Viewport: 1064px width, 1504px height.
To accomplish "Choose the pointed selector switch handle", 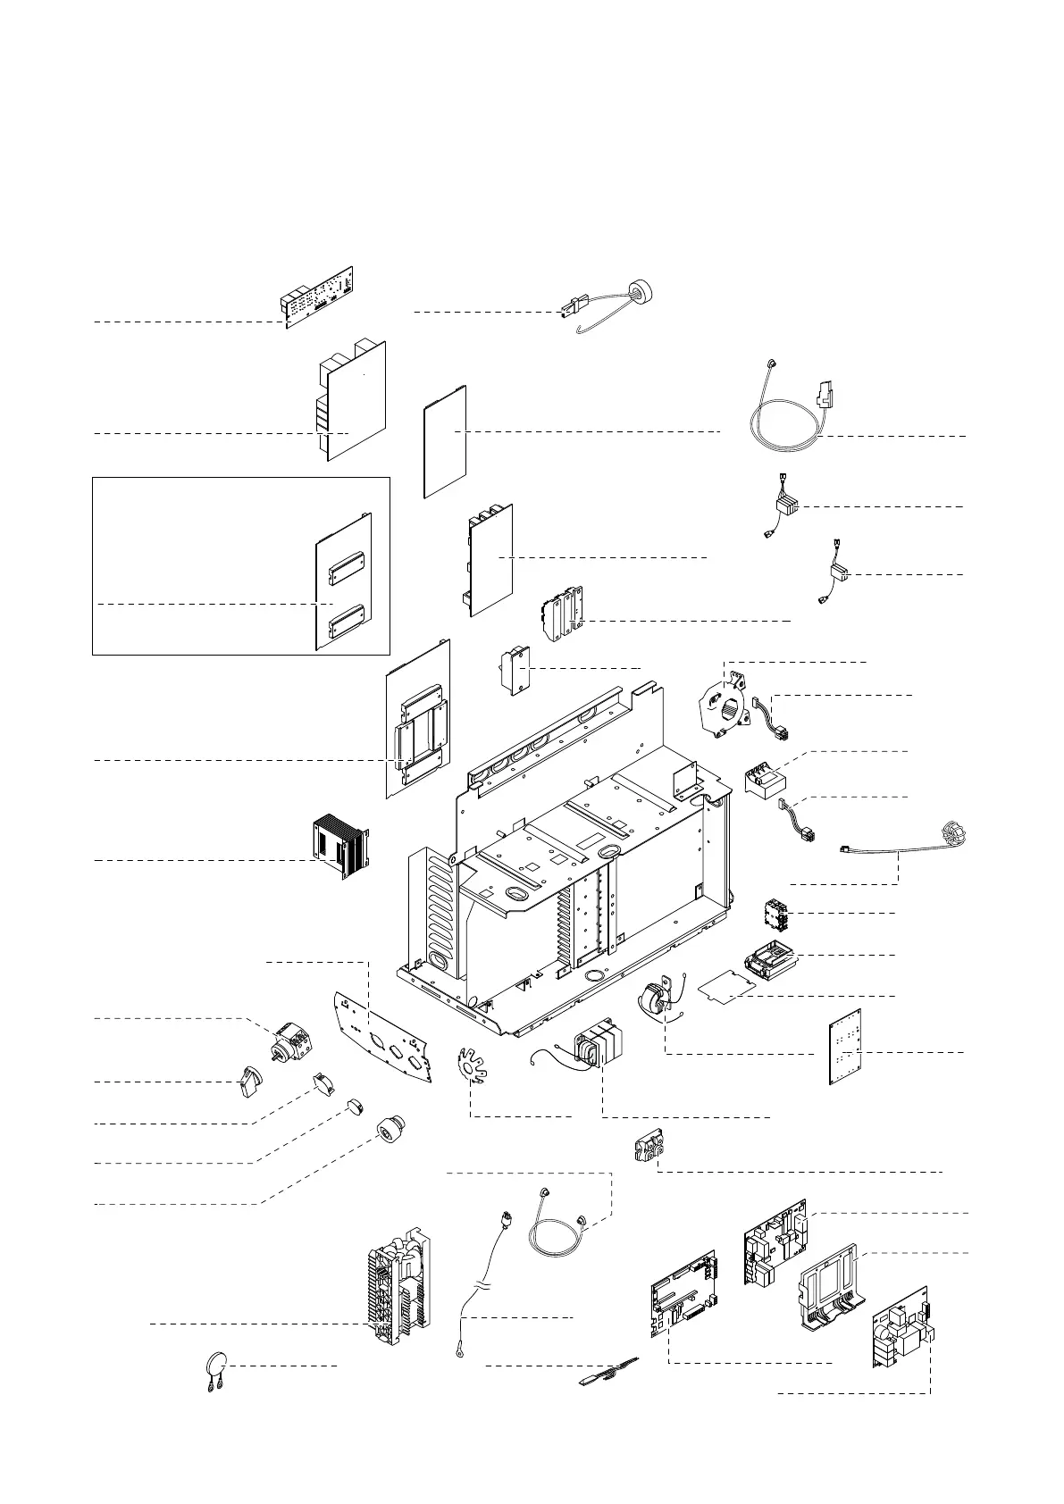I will [251, 1083].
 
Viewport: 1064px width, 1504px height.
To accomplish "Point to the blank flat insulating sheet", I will [444, 440].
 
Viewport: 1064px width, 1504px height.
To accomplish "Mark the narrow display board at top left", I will [317, 297].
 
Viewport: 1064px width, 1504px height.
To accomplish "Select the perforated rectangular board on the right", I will [845, 1046].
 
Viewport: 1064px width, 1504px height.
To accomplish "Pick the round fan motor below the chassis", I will [657, 998].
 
